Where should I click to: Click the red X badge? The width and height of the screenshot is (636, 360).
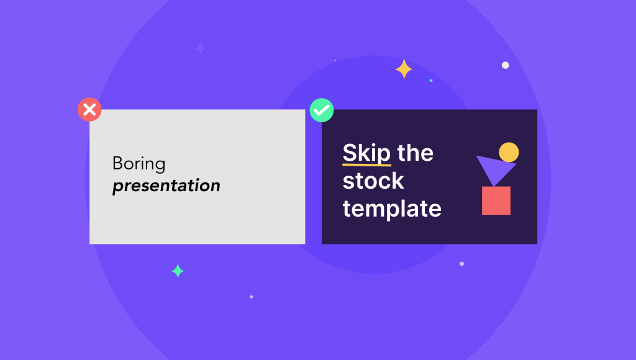pos(89,110)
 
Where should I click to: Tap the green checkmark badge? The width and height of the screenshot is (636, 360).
pos(322,110)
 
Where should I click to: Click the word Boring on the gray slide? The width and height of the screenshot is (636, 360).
pos(139,164)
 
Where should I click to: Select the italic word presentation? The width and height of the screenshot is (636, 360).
pos(166,186)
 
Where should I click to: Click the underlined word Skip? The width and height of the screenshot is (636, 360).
pos(366,153)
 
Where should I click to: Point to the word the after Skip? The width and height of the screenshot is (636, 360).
pos(415,153)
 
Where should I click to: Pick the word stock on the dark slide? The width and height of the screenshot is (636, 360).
pos(373,181)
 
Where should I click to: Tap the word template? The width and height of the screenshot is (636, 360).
pos(392,209)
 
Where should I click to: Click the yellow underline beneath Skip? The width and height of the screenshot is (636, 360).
pos(366,165)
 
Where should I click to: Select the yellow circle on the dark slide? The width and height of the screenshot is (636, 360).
pos(509,152)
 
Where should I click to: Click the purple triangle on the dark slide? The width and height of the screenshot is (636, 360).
pos(494,168)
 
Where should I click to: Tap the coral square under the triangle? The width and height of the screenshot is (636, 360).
pos(496,200)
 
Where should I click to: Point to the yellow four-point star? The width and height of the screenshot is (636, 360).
pos(404,69)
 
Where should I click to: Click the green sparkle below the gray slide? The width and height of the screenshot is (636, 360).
pos(178,271)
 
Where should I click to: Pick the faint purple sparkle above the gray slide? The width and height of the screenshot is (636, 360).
pos(200,48)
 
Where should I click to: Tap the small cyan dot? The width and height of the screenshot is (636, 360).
pos(431,80)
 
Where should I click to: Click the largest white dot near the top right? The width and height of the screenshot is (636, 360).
pos(505,65)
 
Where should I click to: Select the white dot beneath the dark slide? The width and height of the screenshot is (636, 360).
pos(461,264)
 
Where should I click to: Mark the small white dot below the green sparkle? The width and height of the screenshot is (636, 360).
pos(251,297)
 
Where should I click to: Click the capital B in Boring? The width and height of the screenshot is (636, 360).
pos(117,164)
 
